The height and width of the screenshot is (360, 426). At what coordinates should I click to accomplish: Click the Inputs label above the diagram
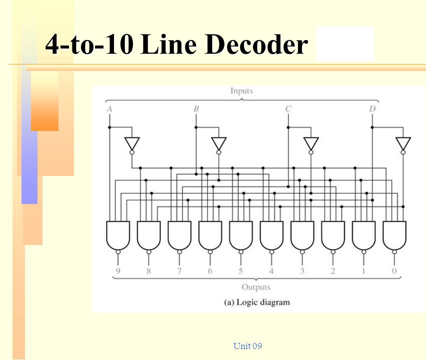[241, 91]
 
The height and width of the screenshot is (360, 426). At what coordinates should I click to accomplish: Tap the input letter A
[109, 108]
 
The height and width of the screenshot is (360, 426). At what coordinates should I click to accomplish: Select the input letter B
[196, 108]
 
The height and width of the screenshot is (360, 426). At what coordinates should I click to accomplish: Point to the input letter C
[288, 108]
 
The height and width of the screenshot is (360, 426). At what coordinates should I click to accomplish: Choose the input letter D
[371, 108]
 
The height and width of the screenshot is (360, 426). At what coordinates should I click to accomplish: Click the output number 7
[179, 271]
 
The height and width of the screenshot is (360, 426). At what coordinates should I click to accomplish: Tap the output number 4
[271, 271]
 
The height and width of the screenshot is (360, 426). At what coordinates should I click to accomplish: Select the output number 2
[333, 271]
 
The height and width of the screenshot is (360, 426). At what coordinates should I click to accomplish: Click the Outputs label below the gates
[255, 287]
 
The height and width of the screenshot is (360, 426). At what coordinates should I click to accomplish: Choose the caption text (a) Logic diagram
[255, 302]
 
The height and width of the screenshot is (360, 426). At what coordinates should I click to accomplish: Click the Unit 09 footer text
[247, 346]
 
